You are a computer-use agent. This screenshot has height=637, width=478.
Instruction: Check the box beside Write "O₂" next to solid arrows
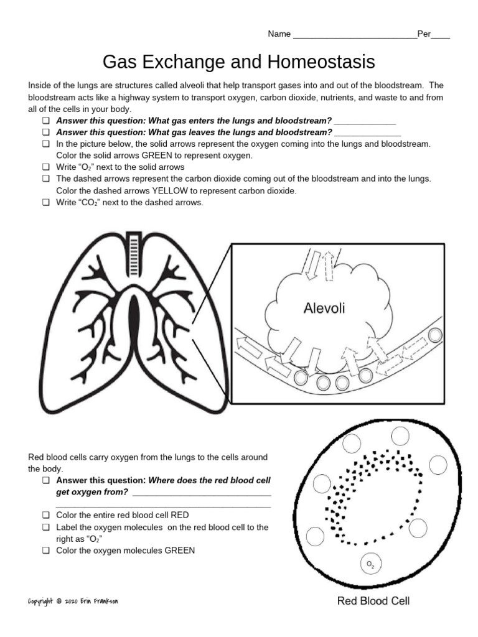[x=45, y=167]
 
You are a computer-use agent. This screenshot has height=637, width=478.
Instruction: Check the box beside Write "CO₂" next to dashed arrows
[x=45, y=202]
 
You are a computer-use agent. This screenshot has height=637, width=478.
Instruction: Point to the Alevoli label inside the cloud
[x=324, y=307]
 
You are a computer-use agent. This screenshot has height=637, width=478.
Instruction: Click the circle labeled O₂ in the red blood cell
[x=370, y=564]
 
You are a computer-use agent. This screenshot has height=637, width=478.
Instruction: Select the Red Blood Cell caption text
[x=373, y=601]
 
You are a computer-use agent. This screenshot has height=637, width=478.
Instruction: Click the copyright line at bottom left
[x=73, y=602]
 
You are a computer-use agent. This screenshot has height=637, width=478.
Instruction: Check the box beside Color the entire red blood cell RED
[x=45, y=516]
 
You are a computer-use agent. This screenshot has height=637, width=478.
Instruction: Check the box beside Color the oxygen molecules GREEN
[x=45, y=551]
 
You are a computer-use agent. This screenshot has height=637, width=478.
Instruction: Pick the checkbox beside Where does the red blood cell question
[x=45, y=481]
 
